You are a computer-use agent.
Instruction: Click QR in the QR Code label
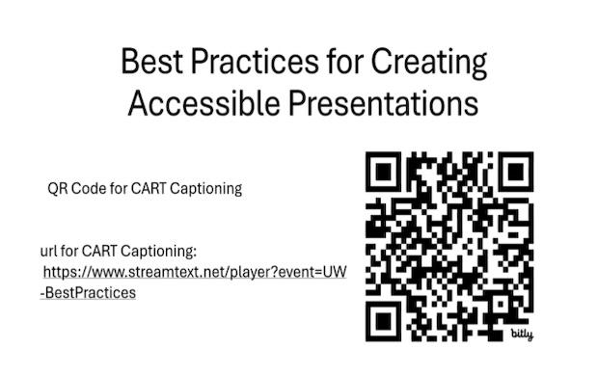coord(58,189)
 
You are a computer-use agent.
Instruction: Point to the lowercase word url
coord(48,252)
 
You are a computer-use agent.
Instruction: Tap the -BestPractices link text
coord(88,292)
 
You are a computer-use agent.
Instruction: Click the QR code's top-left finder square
coord(387,174)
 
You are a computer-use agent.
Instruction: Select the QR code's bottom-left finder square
coord(387,319)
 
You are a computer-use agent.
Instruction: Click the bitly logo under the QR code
coord(522,334)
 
